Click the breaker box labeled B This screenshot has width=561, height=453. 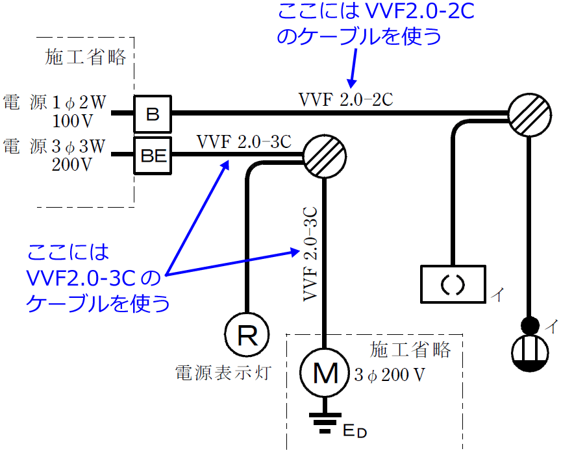pyautogui.click(x=152, y=114)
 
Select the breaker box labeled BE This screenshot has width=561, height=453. pyautogui.click(x=152, y=155)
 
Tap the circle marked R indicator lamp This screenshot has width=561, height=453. pyautogui.click(x=247, y=335)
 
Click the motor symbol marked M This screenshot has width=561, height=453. pyautogui.click(x=325, y=373)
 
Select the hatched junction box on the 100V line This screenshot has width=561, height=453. pyautogui.click(x=527, y=114)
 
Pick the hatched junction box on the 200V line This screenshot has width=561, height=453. pyautogui.click(x=324, y=156)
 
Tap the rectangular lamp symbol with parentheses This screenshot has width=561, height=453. pyautogui.click(x=452, y=284)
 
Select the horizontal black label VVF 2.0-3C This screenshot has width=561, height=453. pyautogui.click(x=243, y=141)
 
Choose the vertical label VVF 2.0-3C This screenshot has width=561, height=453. pyautogui.click(x=310, y=254)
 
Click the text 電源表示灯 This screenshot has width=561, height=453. pyautogui.click(x=223, y=373)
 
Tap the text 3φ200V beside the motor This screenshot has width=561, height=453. pyautogui.click(x=390, y=374)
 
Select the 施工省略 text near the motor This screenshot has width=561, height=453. pyautogui.click(x=410, y=350)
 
